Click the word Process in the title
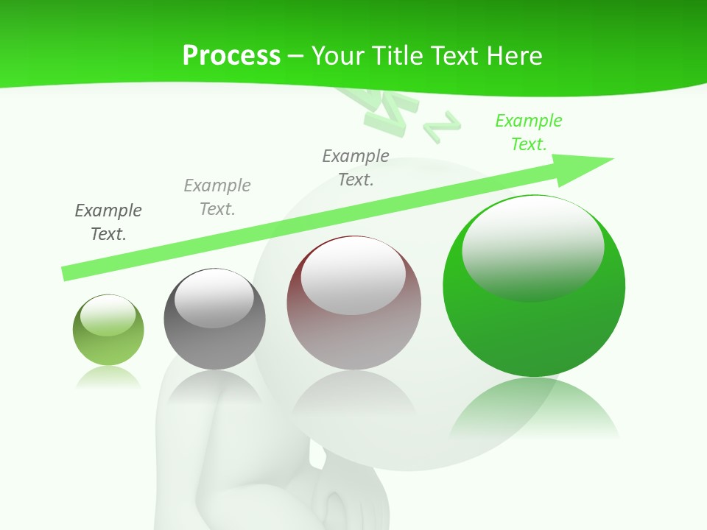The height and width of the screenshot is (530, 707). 231,56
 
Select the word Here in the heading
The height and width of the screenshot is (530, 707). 516,56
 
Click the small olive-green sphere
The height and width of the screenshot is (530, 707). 108,330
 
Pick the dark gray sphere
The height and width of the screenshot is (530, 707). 214,319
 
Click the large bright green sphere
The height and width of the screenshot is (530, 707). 534,286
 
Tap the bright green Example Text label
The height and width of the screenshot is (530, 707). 529,132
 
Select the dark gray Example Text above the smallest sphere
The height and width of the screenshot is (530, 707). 108,222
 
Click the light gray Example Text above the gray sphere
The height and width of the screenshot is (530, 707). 217,197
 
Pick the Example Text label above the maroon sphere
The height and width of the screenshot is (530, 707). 356,167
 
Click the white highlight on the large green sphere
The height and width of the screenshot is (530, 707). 533,247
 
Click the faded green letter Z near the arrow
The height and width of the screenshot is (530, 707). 442,126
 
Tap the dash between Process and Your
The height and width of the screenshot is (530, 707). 296,56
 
